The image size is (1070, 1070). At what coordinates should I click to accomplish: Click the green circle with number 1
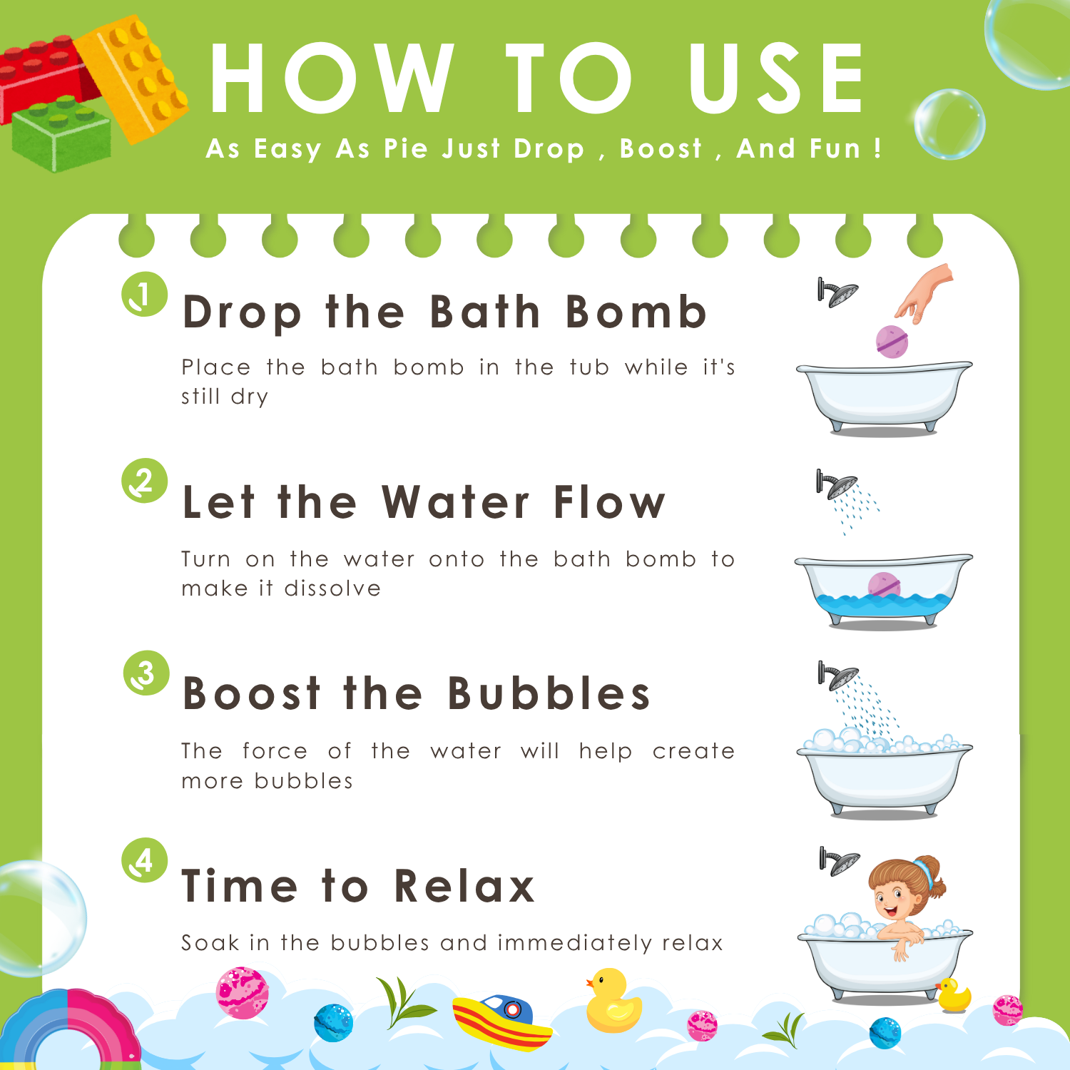click(144, 294)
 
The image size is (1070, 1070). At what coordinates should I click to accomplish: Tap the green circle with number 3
click(146, 673)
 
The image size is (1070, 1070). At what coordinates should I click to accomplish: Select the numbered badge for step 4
click(145, 860)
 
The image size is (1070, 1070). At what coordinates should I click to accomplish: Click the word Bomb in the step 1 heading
click(636, 312)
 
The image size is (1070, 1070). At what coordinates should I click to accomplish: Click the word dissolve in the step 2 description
click(332, 588)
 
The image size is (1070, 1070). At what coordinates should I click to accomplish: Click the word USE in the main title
click(777, 78)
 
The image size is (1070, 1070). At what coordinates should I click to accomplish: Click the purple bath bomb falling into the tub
click(892, 341)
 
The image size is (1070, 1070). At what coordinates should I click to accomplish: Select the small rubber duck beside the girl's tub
click(953, 995)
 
